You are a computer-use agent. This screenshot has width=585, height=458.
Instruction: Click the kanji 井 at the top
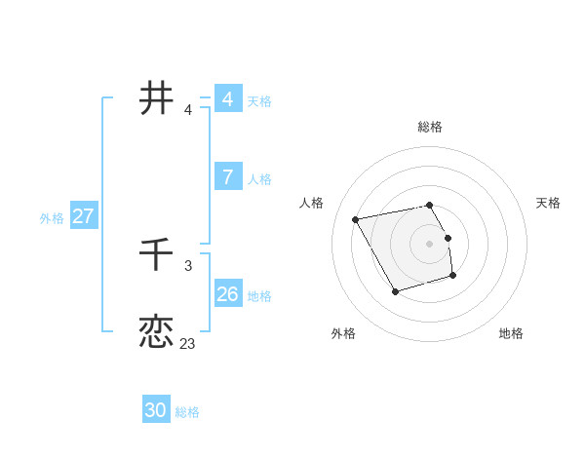(x=156, y=98)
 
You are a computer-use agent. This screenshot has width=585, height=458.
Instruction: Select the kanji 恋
(x=156, y=331)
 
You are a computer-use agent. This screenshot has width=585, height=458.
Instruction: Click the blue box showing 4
(x=227, y=99)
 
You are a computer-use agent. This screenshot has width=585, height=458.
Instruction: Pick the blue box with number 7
(x=227, y=176)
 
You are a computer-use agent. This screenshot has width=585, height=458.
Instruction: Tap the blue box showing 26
(x=227, y=293)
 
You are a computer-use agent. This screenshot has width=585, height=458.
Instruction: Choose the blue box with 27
(x=83, y=216)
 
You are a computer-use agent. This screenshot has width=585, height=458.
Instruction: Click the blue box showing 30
(x=156, y=410)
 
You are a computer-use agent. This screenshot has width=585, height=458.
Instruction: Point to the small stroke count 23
(x=187, y=343)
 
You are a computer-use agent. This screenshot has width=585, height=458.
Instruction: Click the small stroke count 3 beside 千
(x=187, y=265)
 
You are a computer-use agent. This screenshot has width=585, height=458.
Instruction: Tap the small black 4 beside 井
(x=187, y=109)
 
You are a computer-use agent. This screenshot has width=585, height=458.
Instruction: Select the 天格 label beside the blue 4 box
(x=259, y=101)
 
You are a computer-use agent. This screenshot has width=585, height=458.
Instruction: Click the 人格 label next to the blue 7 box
(x=259, y=179)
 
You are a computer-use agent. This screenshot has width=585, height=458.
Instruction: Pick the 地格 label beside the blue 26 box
(x=259, y=296)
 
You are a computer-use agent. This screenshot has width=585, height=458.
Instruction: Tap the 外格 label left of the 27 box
(x=52, y=218)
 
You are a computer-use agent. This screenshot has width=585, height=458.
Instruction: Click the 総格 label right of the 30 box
(x=187, y=412)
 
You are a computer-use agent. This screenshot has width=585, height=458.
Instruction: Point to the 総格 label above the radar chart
(x=430, y=127)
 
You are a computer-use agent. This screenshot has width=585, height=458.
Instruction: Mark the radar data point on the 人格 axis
(x=356, y=219)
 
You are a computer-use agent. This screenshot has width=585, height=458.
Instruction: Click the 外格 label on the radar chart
(x=343, y=333)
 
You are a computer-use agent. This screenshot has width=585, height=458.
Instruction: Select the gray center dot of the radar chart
(x=430, y=243)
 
